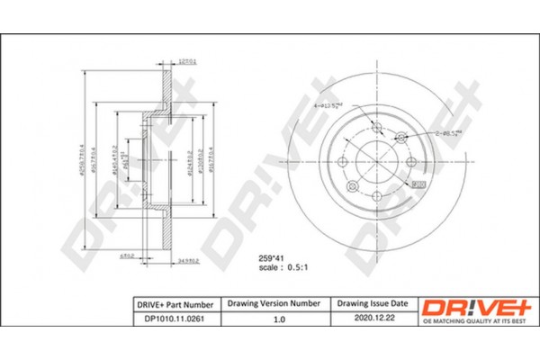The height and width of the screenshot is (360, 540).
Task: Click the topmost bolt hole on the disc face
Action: tap(377, 128)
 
